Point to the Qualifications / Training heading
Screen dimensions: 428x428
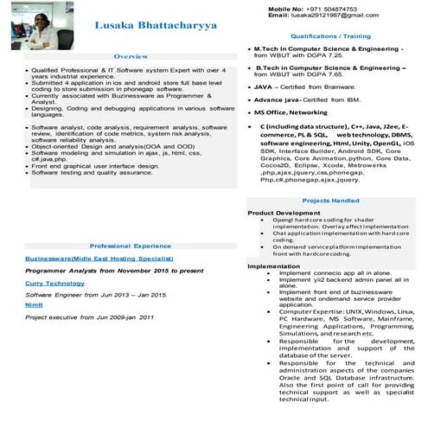324,36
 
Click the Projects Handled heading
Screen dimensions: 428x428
331,200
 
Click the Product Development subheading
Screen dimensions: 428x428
284,212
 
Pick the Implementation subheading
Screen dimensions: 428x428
273,265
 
